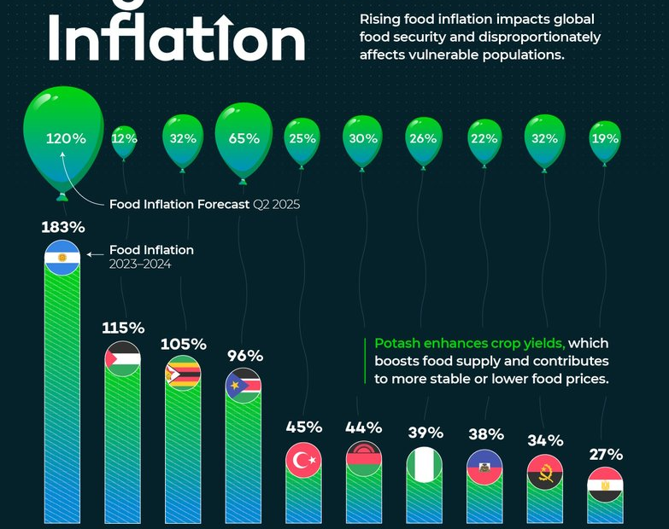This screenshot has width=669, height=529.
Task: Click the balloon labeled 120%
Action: pos(62,137)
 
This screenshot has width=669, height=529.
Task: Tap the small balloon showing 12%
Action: pos(124,139)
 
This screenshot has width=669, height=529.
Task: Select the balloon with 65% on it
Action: pos(244,138)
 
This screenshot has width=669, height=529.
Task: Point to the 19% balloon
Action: pos(606,138)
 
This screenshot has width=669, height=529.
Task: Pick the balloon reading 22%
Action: pos(484,138)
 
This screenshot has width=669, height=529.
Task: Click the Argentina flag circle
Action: pos(62,258)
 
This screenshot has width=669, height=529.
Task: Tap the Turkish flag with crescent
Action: pos(303,461)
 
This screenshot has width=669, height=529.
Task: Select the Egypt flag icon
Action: pos(606,486)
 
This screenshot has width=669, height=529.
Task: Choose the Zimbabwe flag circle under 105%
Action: pos(183,374)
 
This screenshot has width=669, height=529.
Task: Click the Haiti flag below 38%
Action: pos(484,466)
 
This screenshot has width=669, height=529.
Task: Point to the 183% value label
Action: pos(62,228)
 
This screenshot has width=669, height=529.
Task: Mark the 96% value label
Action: pos(244,356)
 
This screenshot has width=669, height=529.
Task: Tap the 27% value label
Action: pos(606,455)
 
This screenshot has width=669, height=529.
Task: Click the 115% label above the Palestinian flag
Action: pos(123,328)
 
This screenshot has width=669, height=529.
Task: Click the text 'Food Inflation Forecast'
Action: pos(179,205)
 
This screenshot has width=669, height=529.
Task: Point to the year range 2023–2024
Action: pos(140,264)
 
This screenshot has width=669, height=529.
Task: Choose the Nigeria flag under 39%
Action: pos(424,464)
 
